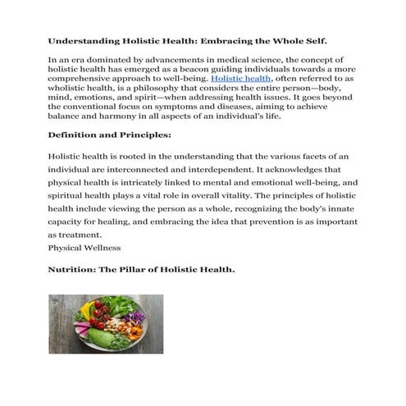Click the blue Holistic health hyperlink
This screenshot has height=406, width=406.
(238, 78)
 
